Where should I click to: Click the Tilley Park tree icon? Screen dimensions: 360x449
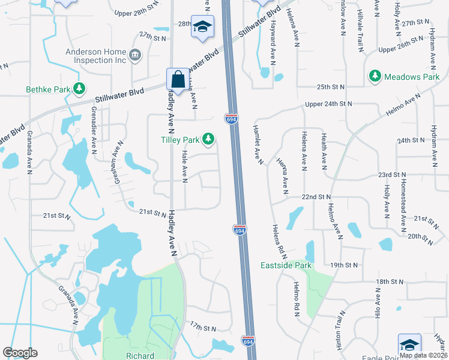point(208,139)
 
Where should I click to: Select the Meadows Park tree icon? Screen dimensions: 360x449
point(375,76)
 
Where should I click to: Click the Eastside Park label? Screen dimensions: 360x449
point(286,265)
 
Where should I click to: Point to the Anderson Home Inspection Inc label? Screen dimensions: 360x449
point(96,56)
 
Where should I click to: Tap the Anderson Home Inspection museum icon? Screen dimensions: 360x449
point(135,56)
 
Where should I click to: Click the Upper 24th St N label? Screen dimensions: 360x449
point(328,104)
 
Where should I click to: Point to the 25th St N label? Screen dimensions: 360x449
point(331,87)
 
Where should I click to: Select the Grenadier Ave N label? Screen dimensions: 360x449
point(94,139)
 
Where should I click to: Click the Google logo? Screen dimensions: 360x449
point(20,352)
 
